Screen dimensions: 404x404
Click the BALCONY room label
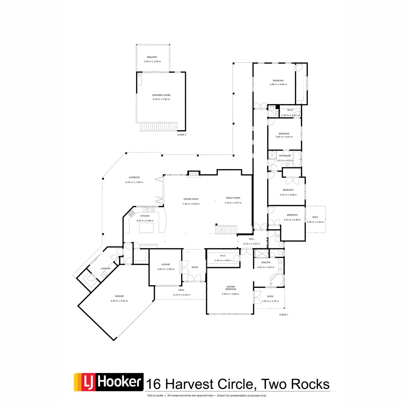(x=152, y=57)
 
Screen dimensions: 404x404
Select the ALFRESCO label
(x=134, y=177)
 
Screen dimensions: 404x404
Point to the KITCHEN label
(x=145, y=216)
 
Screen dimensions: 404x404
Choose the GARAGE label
(x=119, y=296)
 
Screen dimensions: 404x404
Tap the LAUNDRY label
(x=105, y=268)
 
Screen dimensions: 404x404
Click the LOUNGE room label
(x=166, y=265)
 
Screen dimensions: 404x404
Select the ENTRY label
(x=195, y=267)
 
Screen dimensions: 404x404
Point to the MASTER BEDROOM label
(x=231, y=288)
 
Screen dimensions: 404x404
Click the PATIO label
(x=270, y=297)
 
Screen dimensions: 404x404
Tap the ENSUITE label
(x=266, y=263)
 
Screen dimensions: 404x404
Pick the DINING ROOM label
(x=191, y=199)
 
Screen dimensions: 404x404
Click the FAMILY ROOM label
(x=233, y=198)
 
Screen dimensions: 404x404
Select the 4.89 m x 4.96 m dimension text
(x=278, y=85)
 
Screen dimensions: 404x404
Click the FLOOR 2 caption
(x=182, y=135)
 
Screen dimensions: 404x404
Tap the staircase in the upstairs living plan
(x=159, y=127)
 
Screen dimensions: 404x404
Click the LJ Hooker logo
(x=108, y=382)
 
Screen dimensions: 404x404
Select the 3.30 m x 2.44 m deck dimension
(x=315, y=222)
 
